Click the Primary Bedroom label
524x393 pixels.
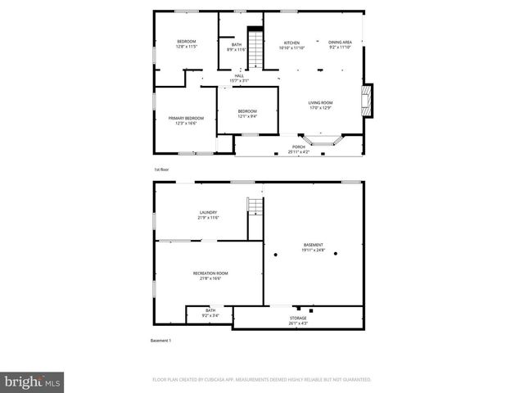(186, 119)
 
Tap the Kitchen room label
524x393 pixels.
(291, 43)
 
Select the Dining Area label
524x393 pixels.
(340, 43)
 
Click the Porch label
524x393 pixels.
(299, 147)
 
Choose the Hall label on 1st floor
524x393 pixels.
(238, 76)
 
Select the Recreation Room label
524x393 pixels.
(210, 273)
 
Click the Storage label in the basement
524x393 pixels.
(298, 318)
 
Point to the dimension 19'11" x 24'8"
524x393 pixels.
(314, 251)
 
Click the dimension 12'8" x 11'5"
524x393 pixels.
(187, 47)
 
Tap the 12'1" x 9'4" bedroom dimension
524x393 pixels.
(247, 116)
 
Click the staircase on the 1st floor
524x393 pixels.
(257, 48)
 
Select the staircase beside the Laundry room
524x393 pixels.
(255, 207)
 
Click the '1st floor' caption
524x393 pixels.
(161, 169)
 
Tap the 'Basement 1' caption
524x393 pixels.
(160, 341)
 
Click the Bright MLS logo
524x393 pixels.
(33, 382)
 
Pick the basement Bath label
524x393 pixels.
(210, 310)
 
